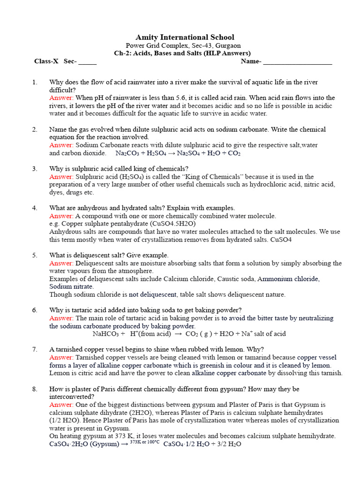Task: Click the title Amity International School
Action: pyautogui.click(x=185, y=37)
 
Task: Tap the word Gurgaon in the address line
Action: pyautogui.click(x=226, y=45)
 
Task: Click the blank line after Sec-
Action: pyautogui.click(x=88, y=61)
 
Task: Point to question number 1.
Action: pyautogui.click(x=35, y=82)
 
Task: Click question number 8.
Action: pyautogui.click(x=35, y=389)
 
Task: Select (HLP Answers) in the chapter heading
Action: pyautogui.click(x=227, y=53)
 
